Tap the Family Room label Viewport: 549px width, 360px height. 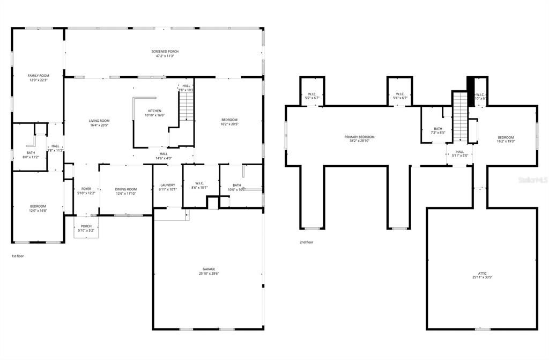38,76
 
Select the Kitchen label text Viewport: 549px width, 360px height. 154,111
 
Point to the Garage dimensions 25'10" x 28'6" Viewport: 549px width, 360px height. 209,274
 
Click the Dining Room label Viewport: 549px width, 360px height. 126,189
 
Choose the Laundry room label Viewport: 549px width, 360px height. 168,185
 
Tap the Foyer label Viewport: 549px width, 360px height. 86,189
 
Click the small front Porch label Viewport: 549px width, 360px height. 86,226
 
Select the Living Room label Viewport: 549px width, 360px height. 99,121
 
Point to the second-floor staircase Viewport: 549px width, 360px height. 460,116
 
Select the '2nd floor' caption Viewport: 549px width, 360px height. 306,242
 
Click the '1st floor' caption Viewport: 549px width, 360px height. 18,256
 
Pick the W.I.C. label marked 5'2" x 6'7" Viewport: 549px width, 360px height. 312,94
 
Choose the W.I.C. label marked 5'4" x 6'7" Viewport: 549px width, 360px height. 400,94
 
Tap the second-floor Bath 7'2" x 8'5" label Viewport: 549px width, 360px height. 438,129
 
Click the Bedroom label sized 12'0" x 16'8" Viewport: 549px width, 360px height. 38,206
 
